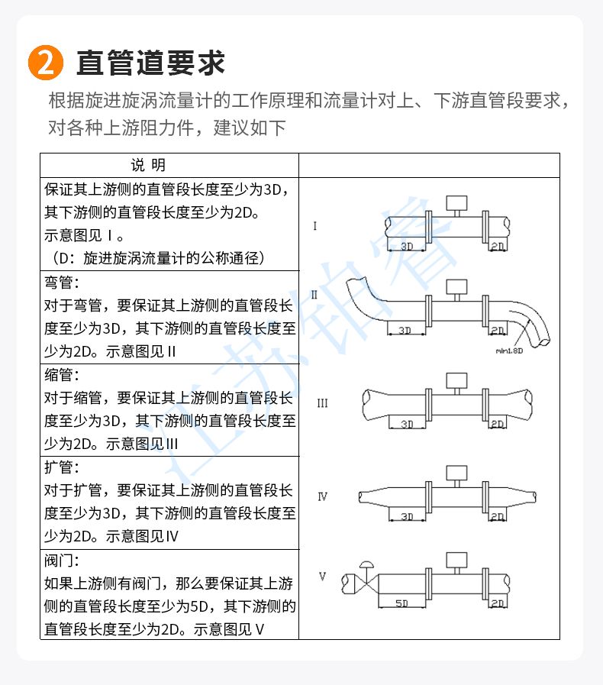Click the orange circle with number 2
46,63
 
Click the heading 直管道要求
150,63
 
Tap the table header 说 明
148,165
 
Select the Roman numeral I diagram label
314,226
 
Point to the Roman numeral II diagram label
314,295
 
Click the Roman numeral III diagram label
322,402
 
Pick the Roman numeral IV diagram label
322,496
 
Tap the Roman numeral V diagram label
322,577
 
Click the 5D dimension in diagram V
401,603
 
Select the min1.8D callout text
509,351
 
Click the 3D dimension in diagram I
407,247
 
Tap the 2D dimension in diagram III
498,424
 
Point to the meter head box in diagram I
456,202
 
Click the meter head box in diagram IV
456,473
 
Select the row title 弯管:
62,283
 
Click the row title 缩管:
62,375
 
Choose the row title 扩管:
62,467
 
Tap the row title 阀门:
62,561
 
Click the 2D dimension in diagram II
498,331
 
